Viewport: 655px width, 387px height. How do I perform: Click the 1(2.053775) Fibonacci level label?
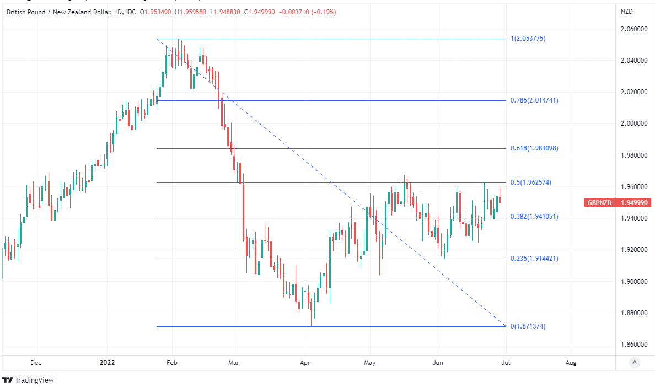[x=528, y=39]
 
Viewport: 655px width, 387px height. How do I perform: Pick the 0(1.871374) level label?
[x=528, y=326]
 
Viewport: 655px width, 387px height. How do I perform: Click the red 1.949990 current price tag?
[x=634, y=203]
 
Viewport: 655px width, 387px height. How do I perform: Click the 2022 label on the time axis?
[x=106, y=363]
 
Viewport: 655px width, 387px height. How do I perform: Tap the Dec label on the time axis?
[x=36, y=363]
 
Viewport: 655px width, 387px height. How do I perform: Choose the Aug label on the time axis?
[x=571, y=363]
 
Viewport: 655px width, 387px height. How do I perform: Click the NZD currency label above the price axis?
[x=627, y=12]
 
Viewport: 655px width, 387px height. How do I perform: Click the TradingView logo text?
[x=34, y=380]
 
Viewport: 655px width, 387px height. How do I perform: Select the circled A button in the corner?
[x=635, y=362]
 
